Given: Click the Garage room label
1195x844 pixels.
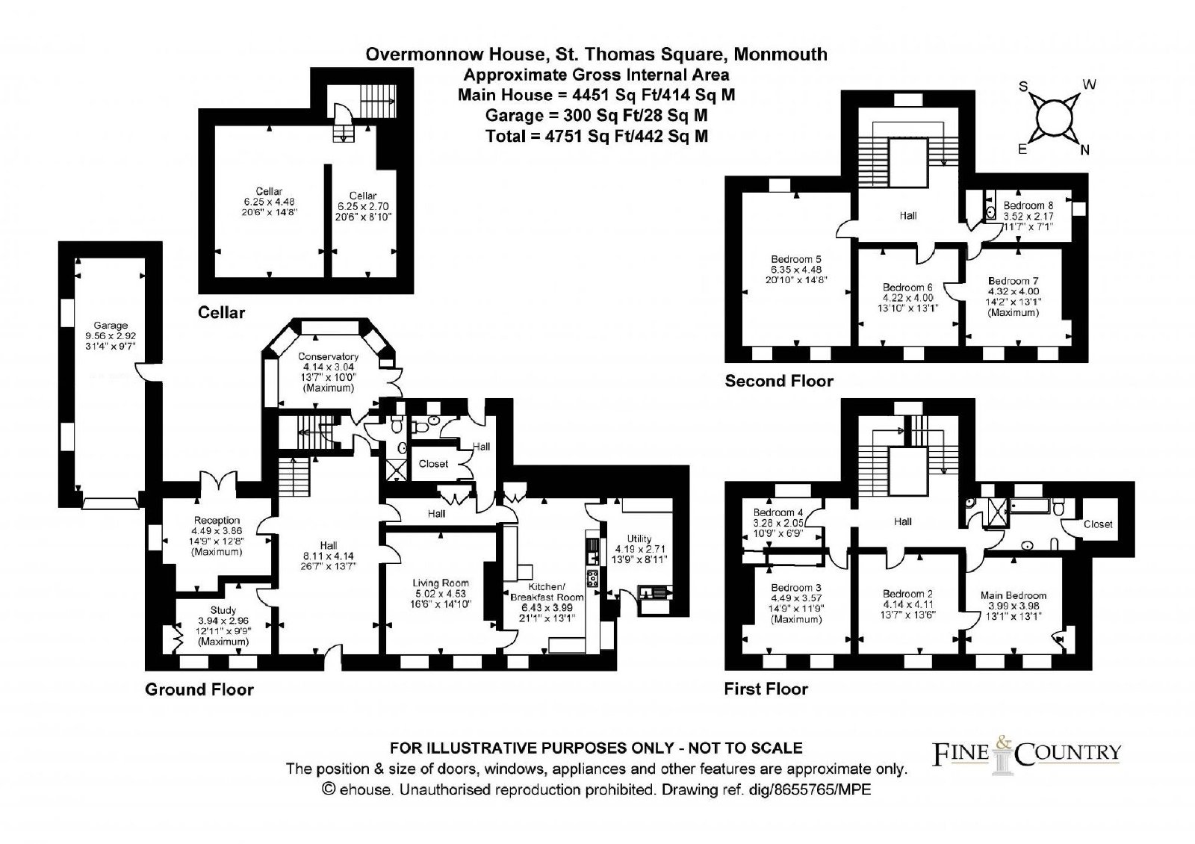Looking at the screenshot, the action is (x=111, y=325).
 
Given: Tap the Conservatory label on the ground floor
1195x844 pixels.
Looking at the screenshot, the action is (x=328, y=356).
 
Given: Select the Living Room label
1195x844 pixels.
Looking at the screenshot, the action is (x=441, y=583).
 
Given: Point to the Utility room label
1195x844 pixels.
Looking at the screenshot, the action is (x=639, y=539).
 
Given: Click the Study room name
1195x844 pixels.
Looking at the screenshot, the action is (x=223, y=609).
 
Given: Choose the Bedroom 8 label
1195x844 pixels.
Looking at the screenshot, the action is (x=1028, y=205).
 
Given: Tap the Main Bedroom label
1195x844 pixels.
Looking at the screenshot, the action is (x=1013, y=595).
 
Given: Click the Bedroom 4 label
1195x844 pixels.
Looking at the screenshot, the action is (x=777, y=512).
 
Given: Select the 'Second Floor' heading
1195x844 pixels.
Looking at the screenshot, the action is (x=779, y=381).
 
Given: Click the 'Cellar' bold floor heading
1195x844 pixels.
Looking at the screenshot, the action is (x=221, y=313).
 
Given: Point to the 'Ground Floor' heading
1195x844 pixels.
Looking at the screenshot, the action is (x=199, y=689).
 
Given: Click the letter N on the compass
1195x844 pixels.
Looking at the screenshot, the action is (x=1084, y=150).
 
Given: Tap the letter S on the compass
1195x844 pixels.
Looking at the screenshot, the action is (x=1023, y=87).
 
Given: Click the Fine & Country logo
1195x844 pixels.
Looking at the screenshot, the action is (x=1026, y=754).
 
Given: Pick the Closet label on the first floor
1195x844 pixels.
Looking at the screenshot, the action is (x=1098, y=524).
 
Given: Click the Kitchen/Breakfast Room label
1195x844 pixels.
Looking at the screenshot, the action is (x=547, y=592).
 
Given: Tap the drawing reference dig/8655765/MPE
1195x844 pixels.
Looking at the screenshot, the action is (x=810, y=789).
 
